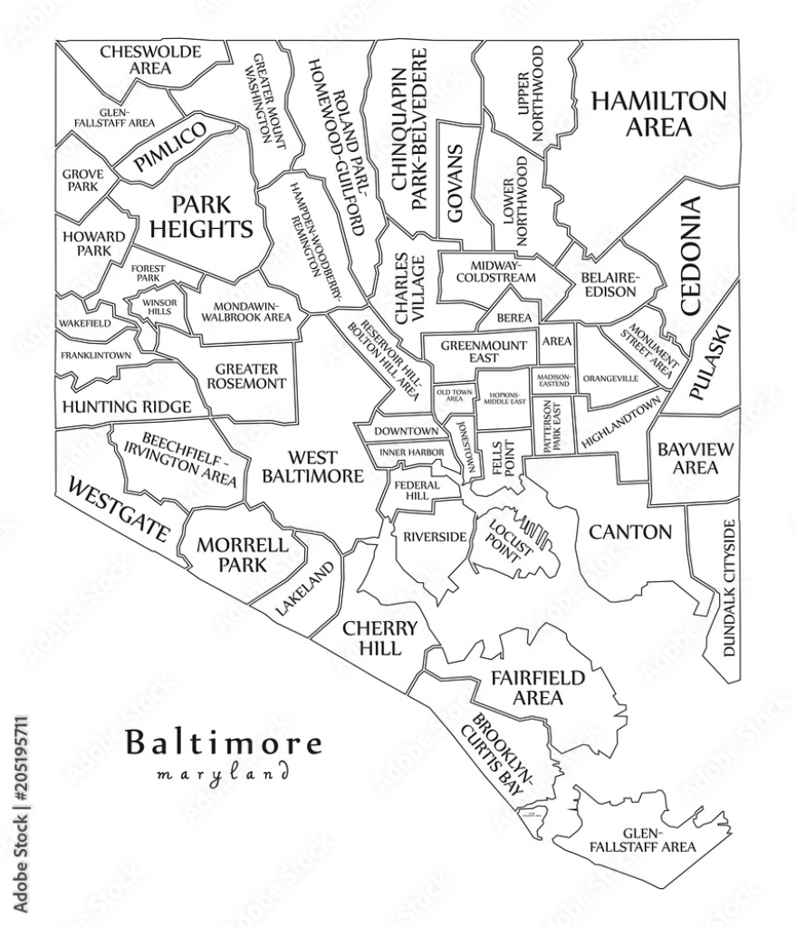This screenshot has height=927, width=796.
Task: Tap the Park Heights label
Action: [201, 216]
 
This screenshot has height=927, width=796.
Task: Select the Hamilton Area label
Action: [658, 113]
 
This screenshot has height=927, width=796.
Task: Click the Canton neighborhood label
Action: [630, 531]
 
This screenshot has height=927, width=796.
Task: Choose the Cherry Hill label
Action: [379, 638]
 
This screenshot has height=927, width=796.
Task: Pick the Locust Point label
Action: [503, 538]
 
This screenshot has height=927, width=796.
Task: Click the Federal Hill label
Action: [417, 490]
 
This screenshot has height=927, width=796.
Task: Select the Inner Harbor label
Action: [411, 452]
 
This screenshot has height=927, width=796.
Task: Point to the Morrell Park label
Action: [242, 554]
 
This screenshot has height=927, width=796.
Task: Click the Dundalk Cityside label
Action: [729, 588]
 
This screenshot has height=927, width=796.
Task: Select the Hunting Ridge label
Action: [126, 406]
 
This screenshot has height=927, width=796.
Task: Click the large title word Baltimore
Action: [223, 743]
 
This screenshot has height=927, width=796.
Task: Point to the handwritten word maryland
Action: [223, 775]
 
